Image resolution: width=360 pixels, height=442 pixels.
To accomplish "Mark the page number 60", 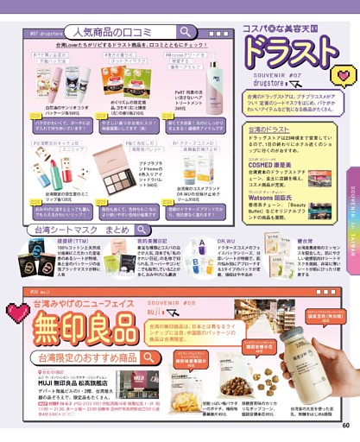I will tap(346, 423).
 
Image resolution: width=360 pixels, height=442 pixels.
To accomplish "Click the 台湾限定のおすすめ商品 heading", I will tap(86, 357).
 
